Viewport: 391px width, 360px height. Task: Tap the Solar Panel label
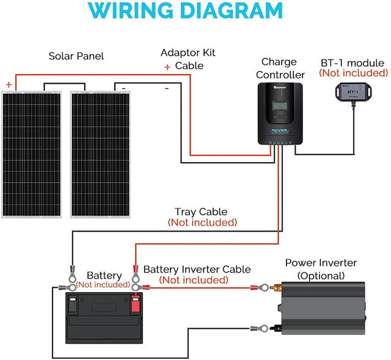[x=76, y=56]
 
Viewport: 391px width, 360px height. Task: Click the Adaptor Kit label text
[x=188, y=53]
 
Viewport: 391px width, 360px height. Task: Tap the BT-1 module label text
[x=353, y=63]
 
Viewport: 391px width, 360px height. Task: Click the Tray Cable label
[x=202, y=211]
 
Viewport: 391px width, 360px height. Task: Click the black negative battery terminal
[x=73, y=302]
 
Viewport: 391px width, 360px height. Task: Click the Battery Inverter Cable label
[x=197, y=269]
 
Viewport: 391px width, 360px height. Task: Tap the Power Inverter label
[x=321, y=263]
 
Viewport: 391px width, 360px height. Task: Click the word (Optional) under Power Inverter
[x=321, y=276]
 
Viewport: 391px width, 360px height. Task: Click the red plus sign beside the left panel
[x=9, y=84]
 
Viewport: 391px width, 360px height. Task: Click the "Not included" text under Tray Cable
[x=202, y=222]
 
